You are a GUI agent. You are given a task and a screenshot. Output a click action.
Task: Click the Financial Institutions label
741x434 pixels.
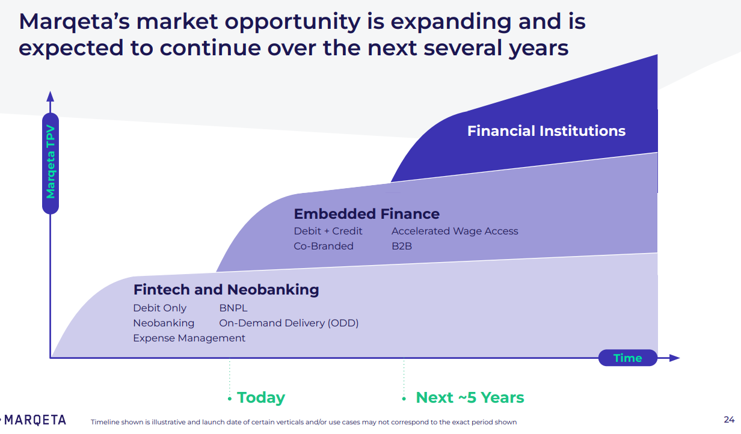[x=546, y=131]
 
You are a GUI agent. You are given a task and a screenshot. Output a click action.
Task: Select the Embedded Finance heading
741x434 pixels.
[x=366, y=214]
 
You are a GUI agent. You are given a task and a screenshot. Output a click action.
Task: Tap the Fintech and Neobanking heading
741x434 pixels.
[x=226, y=290]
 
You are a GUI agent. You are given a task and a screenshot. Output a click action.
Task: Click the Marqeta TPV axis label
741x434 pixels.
[x=51, y=162]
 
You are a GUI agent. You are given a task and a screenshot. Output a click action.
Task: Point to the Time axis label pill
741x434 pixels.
[x=627, y=358]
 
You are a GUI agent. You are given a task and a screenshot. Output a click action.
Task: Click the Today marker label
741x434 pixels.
[x=260, y=398]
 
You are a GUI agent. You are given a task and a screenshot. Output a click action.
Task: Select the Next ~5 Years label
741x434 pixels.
[x=470, y=398]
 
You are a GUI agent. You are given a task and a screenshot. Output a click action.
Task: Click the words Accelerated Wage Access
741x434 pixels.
[x=455, y=231]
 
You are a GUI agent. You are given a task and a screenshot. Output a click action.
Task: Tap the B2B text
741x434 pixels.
[x=402, y=246]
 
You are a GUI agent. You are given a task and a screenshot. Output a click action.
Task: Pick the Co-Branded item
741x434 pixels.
[x=324, y=246]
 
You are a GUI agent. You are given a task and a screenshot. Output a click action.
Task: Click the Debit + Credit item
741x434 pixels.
[x=328, y=231]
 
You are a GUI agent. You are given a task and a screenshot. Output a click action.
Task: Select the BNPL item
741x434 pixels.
[x=233, y=308]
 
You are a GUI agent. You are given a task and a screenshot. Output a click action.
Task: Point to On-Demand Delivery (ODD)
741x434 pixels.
[x=289, y=323]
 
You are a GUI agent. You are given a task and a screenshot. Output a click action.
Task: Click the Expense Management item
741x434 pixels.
[x=189, y=338]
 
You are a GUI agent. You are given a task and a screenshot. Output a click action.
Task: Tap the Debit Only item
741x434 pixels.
[x=160, y=308]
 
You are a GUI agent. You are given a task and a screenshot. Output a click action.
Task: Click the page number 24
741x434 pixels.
[x=729, y=420]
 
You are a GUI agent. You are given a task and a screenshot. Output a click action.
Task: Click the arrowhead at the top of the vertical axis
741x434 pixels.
[x=51, y=96]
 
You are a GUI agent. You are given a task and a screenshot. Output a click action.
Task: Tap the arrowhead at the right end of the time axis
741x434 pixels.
[x=674, y=358]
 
